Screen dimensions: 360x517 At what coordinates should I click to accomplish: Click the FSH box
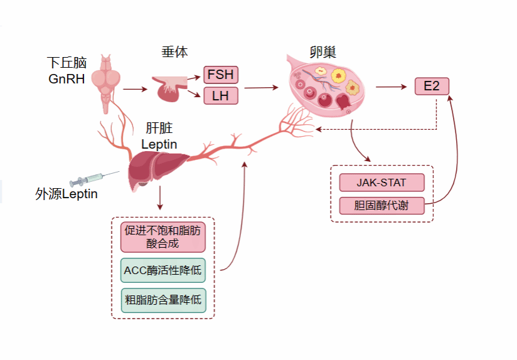[x=220, y=75]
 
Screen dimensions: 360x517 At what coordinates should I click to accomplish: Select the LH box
[x=220, y=96]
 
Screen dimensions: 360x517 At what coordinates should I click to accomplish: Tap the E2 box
[x=432, y=86]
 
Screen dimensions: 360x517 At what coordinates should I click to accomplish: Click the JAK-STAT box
[x=381, y=183]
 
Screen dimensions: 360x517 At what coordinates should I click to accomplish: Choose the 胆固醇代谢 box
[x=381, y=205]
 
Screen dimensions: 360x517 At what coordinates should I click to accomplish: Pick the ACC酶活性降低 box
[x=163, y=270]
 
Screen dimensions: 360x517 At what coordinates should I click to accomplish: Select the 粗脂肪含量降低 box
[x=163, y=300]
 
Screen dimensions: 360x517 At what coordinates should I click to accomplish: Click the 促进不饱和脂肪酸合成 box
[x=163, y=237]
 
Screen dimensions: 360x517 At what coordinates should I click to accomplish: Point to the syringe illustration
[x=94, y=178]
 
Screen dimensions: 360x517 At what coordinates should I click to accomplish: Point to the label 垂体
[x=174, y=52]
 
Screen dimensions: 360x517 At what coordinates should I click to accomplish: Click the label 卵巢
[x=327, y=51]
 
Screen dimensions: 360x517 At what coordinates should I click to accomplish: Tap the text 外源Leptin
[x=67, y=194]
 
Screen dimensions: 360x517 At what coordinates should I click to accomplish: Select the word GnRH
[x=67, y=79]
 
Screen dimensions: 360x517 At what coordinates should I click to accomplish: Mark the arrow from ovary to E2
[x=390, y=87]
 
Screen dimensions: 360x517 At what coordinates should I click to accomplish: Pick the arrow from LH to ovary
[x=260, y=88]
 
